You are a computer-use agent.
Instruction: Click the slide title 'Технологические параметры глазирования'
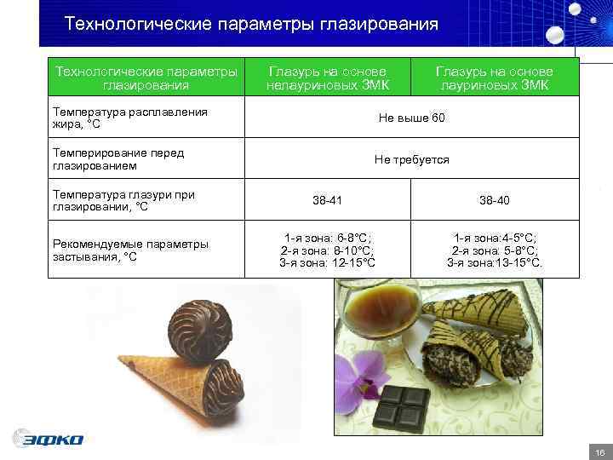click(x=251, y=24)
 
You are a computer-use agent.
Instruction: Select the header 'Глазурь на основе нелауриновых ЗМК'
click(x=327, y=78)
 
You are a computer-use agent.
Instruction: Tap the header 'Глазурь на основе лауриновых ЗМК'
click(x=495, y=78)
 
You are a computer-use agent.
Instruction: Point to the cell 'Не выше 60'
click(x=411, y=118)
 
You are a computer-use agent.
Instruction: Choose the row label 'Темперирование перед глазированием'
click(x=118, y=159)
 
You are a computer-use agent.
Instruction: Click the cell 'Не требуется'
click(x=411, y=159)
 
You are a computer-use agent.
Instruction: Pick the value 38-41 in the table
click(x=327, y=201)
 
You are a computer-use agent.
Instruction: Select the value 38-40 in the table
click(x=495, y=201)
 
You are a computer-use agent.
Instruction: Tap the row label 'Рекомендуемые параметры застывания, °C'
click(x=130, y=250)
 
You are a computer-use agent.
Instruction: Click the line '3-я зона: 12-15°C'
click(x=327, y=262)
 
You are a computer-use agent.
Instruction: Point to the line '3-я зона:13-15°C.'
click(x=495, y=262)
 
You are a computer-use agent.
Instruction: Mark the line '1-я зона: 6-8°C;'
click(x=327, y=239)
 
